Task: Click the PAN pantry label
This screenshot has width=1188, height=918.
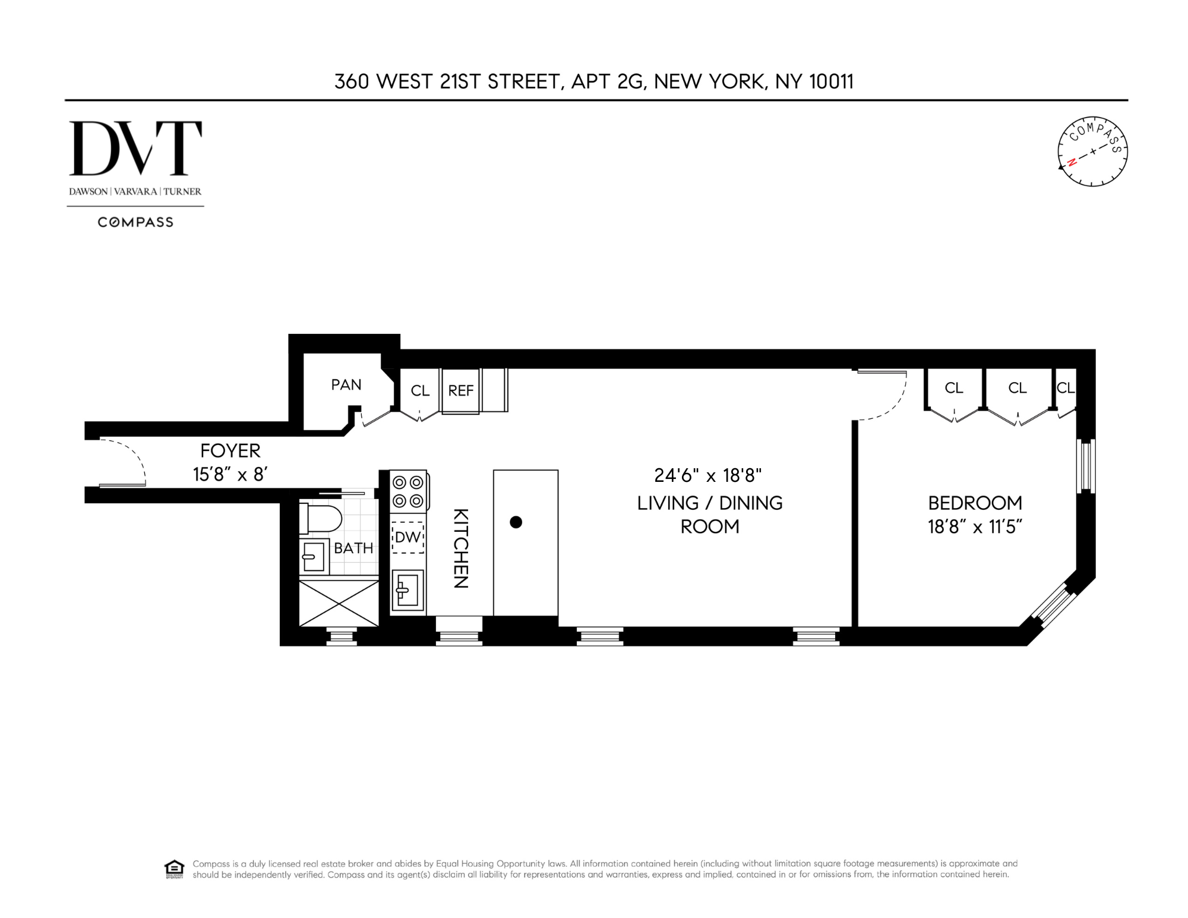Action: coord(346,384)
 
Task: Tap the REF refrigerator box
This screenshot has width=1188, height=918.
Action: coord(460,390)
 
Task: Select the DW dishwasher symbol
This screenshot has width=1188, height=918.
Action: coord(407,537)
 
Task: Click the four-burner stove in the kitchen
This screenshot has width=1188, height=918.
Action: coord(409,491)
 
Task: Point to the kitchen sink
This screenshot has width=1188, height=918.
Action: coord(407,591)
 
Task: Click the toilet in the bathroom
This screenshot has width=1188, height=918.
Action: coord(321,518)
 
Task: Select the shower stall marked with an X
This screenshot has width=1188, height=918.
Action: coord(339,603)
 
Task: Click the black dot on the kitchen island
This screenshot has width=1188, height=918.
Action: coord(516,522)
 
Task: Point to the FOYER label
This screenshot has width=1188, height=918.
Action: coord(230,451)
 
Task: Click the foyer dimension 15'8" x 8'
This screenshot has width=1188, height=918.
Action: coord(230,474)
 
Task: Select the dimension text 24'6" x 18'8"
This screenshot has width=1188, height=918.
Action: coord(707,475)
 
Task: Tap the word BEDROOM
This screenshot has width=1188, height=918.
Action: coord(975,503)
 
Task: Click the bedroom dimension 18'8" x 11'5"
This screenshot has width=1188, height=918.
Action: coord(975,527)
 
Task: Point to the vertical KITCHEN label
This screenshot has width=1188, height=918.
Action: coord(461,548)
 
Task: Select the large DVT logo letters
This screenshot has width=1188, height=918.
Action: coord(135,149)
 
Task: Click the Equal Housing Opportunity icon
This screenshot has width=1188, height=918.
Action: coord(173,869)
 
